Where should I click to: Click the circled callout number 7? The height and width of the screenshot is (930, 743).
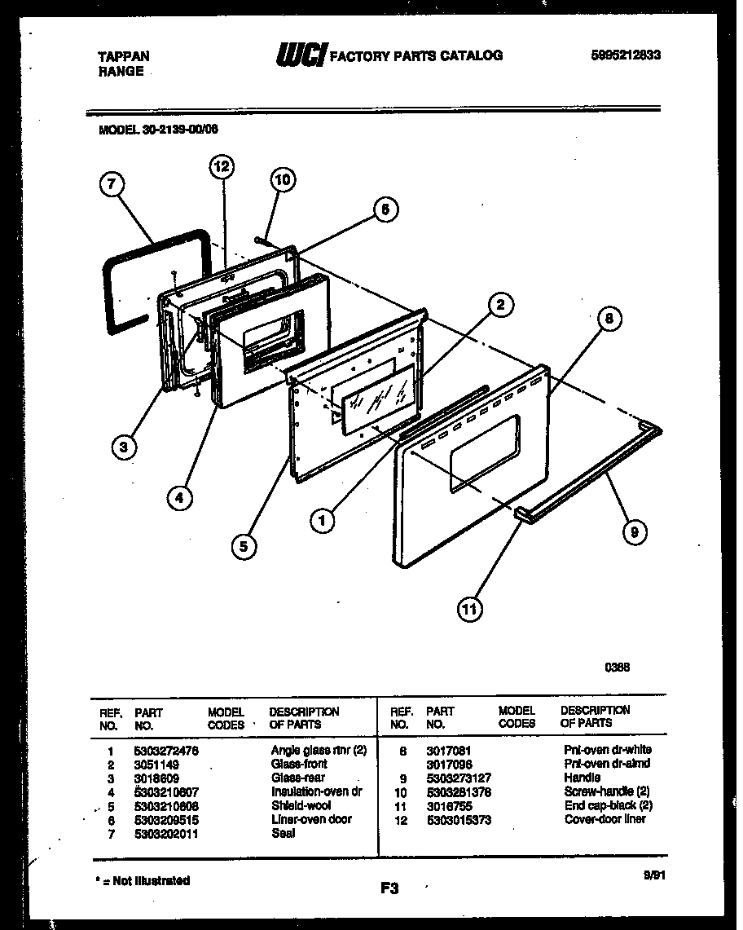112,185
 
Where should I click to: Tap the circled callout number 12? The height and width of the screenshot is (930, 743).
221,167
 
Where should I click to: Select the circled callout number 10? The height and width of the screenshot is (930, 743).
281,179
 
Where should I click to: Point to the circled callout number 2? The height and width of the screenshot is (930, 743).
501,306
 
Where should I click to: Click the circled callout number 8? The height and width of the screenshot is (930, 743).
609,320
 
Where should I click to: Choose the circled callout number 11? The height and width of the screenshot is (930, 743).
470,607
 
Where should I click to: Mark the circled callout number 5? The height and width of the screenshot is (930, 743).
243,545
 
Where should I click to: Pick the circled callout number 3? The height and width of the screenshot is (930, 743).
124,446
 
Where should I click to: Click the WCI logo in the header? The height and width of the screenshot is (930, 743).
301,55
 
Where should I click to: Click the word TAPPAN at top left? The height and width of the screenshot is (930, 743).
124,56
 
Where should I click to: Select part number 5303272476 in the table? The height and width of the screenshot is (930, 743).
165,751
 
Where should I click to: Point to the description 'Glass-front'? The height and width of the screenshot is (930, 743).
299,765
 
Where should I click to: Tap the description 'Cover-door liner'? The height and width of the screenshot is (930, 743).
605,819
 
